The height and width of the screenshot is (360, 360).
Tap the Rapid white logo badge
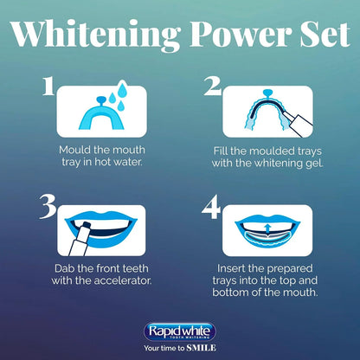pos(180,330)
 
